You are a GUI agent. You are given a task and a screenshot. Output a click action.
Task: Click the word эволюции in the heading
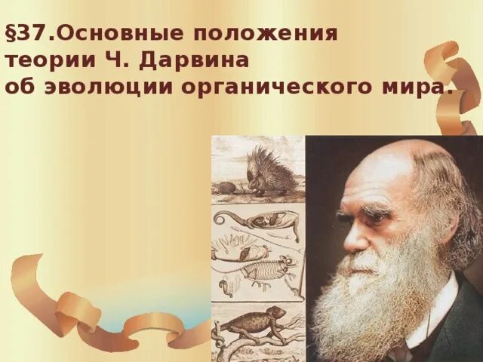pos(106,87)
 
